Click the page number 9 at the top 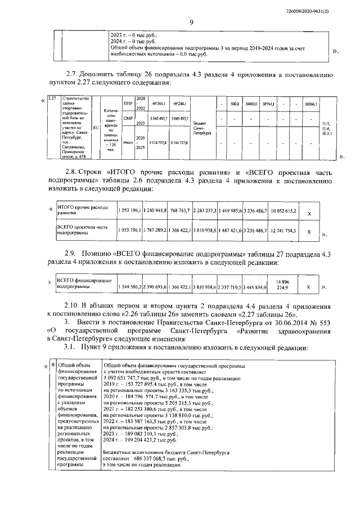[x=191, y=22]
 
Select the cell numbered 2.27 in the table [x=52, y=99]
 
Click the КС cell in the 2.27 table [x=94, y=127]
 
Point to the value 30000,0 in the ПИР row [x=250, y=104]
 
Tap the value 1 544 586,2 [x=130, y=287]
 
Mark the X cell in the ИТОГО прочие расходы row [x=307, y=213]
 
